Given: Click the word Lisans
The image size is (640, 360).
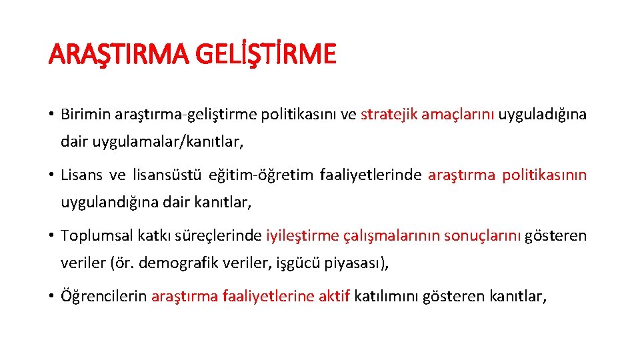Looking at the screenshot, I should tap(81, 175).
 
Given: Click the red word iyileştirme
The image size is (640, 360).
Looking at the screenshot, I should tap(301, 235).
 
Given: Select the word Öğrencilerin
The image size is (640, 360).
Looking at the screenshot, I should tap(103, 296).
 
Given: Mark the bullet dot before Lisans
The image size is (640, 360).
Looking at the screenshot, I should tap(51, 175).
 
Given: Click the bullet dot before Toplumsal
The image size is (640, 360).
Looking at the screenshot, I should tap(51, 235).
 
